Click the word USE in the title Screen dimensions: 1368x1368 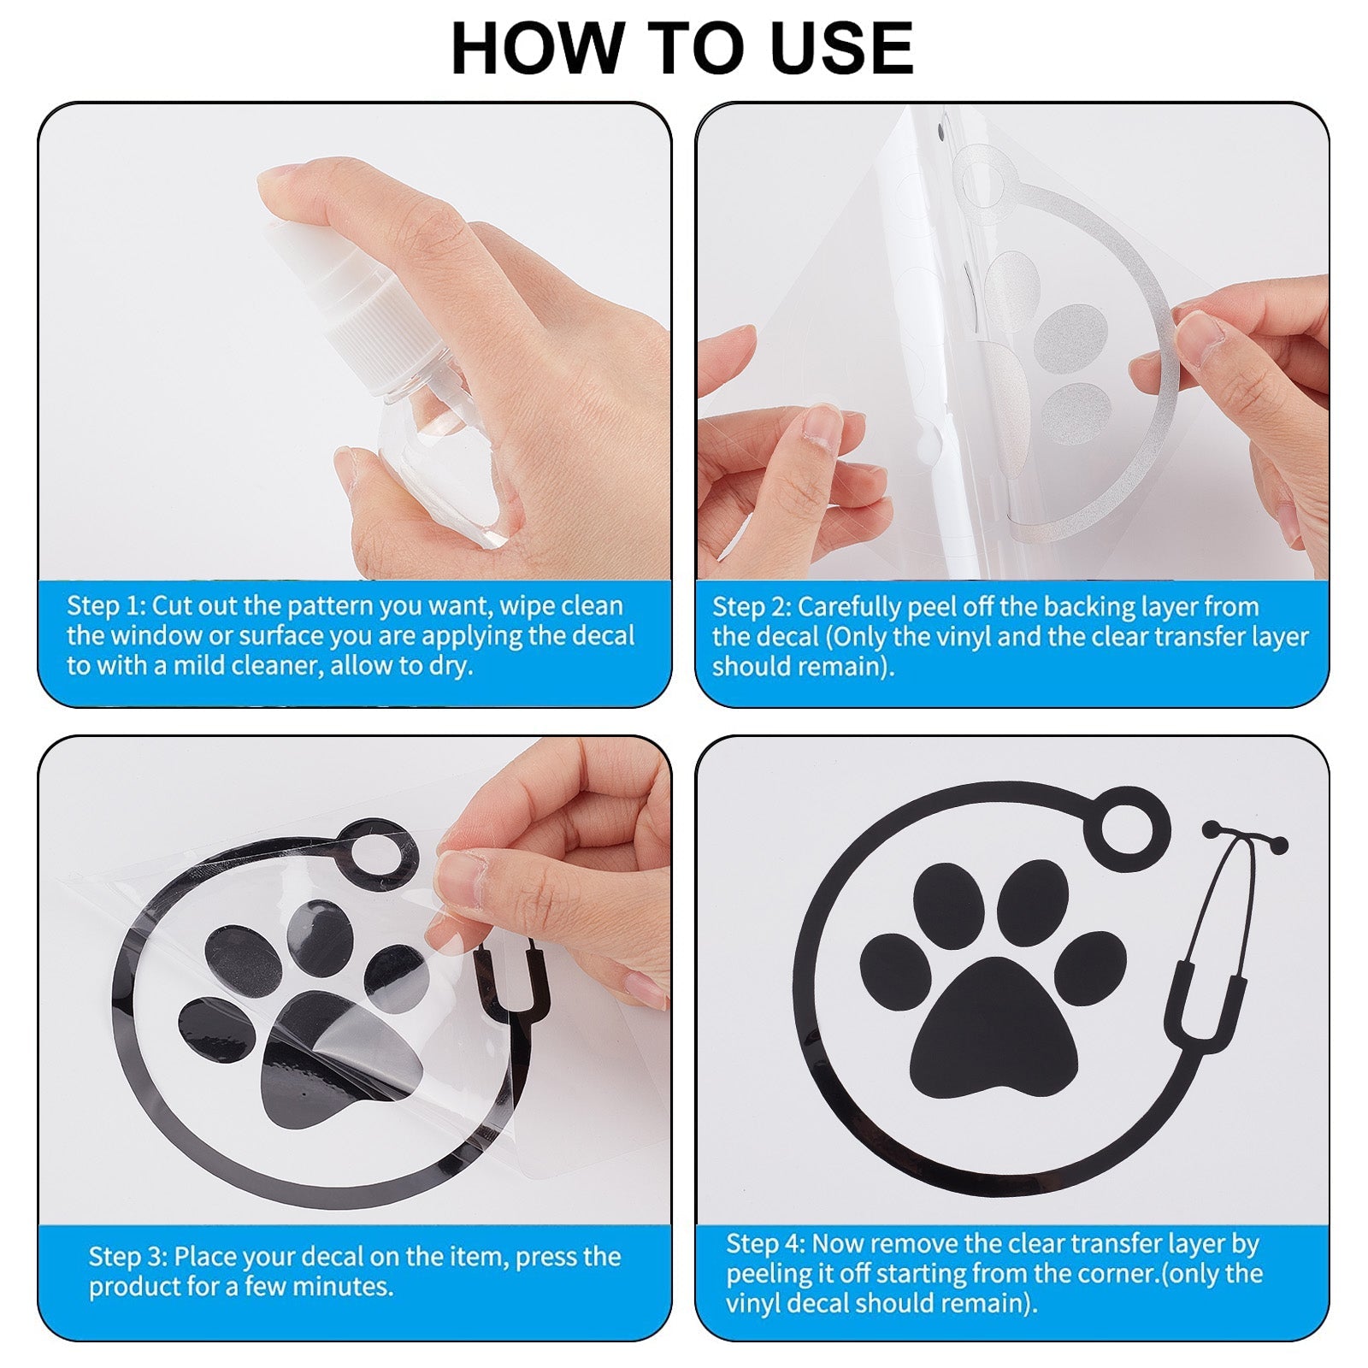coord(841,48)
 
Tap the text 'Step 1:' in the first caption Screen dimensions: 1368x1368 coord(107,605)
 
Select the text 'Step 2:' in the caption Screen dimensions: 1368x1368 coord(752,606)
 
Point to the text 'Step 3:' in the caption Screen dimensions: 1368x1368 coord(128,1256)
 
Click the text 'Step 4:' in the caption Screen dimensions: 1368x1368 coord(765,1242)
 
